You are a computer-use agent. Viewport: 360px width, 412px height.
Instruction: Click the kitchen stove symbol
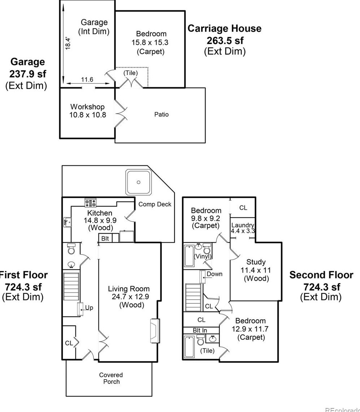click(91, 203)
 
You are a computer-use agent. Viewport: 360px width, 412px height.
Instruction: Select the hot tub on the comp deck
click(138, 182)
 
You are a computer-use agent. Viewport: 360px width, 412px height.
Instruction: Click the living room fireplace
click(154, 330)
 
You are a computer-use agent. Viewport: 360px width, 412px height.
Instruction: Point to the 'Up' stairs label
click(89, 308)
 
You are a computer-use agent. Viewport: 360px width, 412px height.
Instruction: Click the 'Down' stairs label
click(214, 274)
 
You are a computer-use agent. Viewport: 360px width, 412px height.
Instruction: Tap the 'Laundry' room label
click(243, 225)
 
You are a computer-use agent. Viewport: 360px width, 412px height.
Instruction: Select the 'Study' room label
click(256, 262)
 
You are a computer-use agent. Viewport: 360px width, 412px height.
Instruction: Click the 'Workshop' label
click(87, 107)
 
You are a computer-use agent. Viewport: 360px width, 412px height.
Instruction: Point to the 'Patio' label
click(161, 114)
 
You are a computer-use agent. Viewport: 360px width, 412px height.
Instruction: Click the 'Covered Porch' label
click(111, 378)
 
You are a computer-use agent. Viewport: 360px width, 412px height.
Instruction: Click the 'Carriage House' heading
click(224, 29)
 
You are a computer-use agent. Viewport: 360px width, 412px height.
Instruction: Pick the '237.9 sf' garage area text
click(28, 74)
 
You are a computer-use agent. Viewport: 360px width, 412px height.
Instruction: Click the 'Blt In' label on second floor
click(200, 330)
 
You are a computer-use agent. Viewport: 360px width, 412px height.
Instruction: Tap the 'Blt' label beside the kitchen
click(105, 239)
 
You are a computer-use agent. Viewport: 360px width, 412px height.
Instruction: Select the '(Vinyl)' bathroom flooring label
click(202, 256)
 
